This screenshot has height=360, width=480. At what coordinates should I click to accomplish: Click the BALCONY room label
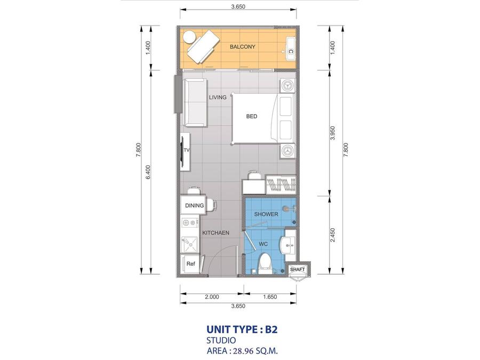(243, 47)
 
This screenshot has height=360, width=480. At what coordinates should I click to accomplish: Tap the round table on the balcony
(189, 37)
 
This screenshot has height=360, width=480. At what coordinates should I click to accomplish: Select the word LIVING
(218, 98)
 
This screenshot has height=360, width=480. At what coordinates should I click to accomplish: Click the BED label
(252, 116)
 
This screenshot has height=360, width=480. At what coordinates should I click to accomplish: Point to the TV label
(187, 150)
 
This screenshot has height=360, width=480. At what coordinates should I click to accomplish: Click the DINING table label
(194, 205)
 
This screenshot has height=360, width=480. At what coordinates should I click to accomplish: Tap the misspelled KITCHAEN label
(216, 233)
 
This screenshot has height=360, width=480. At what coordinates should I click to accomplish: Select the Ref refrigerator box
(190, 263)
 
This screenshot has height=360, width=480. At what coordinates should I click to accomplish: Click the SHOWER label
(266, 214)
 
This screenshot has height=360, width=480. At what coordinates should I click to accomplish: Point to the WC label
(263, 244)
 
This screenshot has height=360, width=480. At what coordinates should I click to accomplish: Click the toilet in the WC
(265, 264)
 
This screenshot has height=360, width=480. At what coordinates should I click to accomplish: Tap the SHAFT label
(298, 269)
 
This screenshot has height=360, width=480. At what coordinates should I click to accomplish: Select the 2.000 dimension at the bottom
(212, 297)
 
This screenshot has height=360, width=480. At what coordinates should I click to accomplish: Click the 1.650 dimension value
(270, 297)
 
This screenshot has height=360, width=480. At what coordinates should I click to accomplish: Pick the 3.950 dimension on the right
(333, 133)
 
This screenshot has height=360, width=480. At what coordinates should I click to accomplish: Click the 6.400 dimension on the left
(148, 172)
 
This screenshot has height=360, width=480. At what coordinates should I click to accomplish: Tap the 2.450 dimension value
(333, 235)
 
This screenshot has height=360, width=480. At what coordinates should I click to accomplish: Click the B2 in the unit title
(271, 330)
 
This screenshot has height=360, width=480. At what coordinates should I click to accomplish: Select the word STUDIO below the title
(221, 340)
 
